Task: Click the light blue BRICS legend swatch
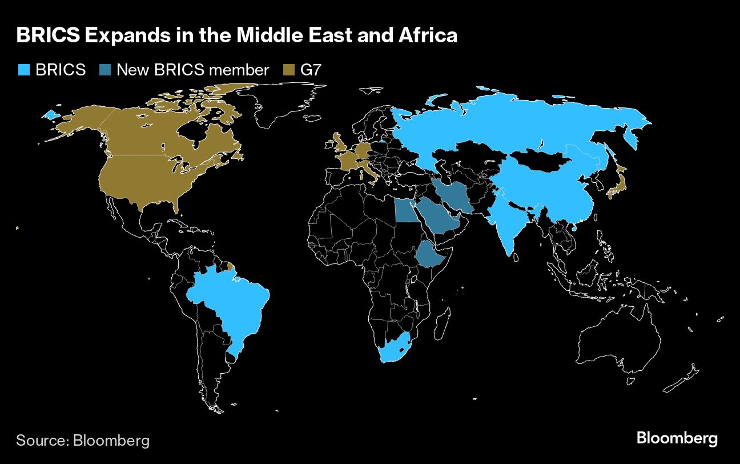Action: tap(23, 70)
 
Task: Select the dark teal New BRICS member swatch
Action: tap(105, 70)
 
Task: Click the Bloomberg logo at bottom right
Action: tap(677, 439)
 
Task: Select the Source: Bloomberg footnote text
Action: tap(83, 441)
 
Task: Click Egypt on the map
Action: tap(405, 210)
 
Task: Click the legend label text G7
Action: tap(311, 70)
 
